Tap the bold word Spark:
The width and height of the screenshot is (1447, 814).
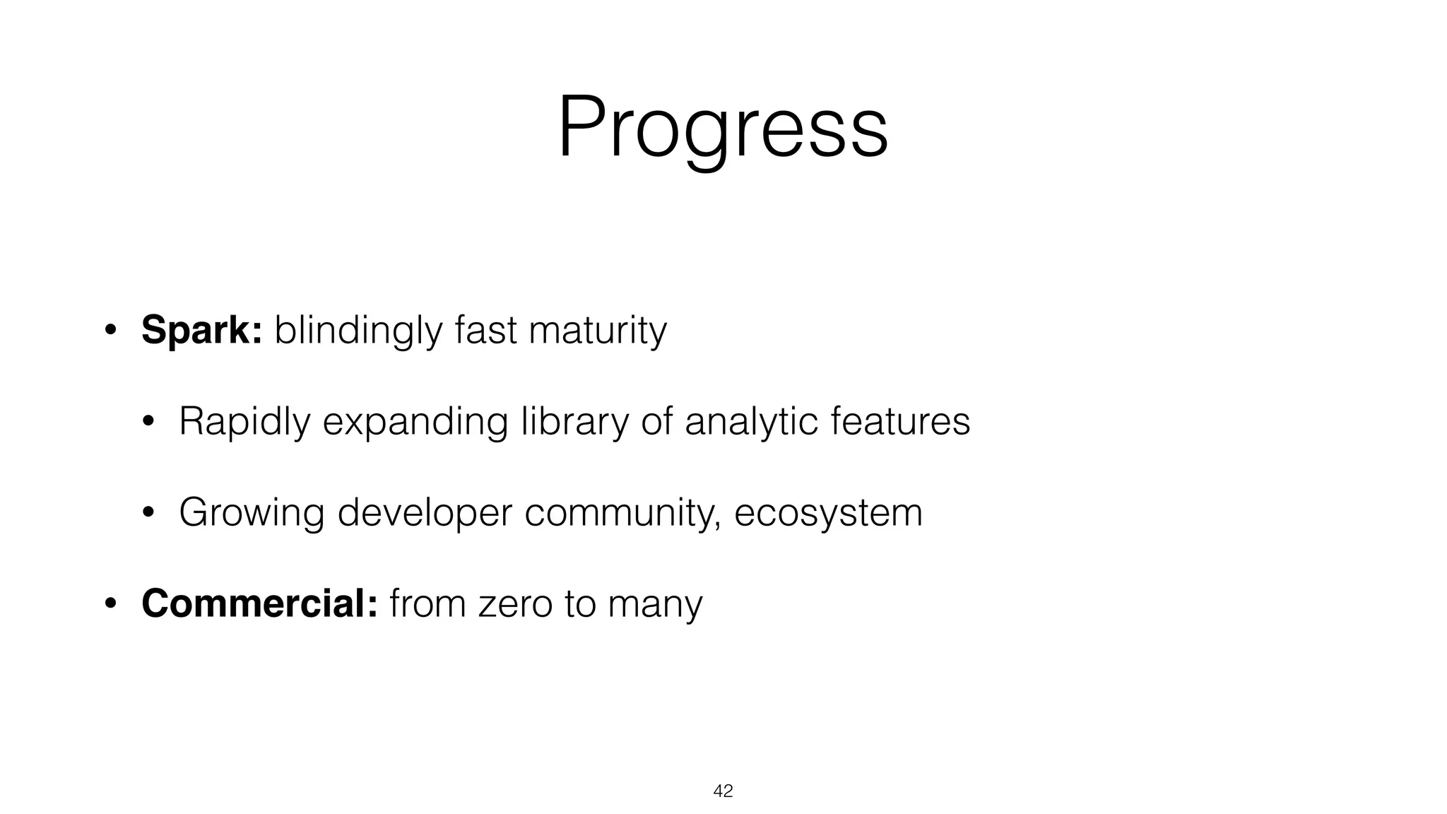coord(201,330)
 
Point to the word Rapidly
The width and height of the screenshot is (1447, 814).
coord(244,422)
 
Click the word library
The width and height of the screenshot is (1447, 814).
coord(574,422)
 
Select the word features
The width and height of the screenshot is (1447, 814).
coord(899,422)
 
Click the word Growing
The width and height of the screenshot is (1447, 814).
coord(252,513)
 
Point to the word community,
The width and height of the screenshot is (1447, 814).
coord(622,513)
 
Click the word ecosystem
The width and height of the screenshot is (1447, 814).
coord(828,513)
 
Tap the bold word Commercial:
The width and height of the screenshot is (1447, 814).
coord(259,604)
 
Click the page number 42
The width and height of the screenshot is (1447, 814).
coord(723,791)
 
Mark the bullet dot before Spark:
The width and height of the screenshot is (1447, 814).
coord(110,331)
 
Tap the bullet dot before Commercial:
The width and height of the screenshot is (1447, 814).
coord(110,605)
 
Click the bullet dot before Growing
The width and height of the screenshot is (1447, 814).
coord(148,514)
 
